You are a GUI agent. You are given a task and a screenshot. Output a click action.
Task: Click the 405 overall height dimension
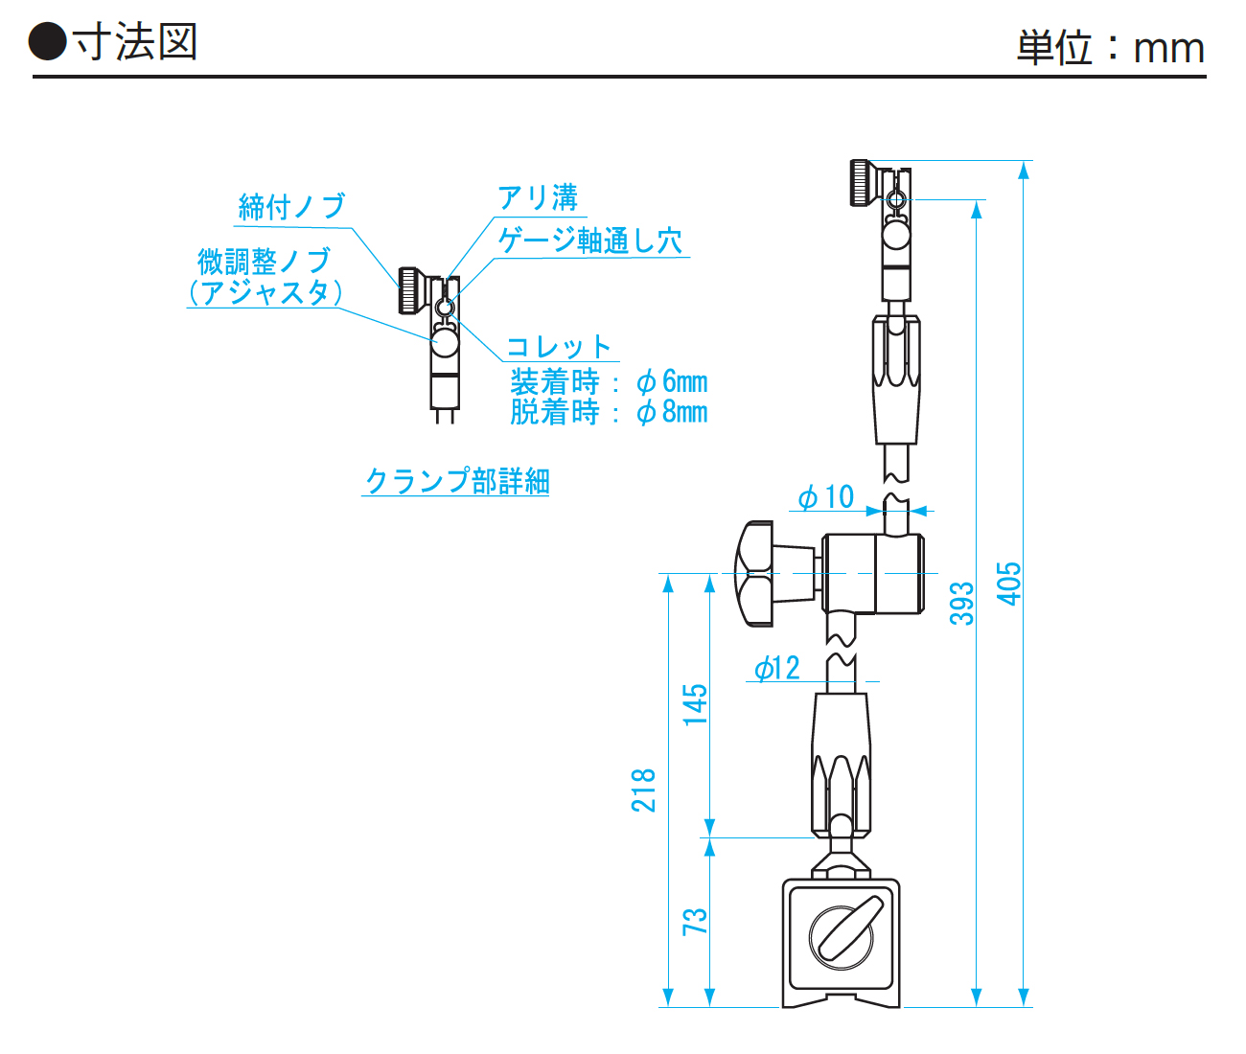[1009, 583]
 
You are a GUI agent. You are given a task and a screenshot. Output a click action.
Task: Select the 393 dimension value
[961, 603]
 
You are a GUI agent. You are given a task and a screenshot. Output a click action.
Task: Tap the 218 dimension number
[643, 790]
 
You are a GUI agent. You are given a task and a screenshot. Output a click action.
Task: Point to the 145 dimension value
[695, 704]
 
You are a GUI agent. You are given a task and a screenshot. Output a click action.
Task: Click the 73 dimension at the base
[695, 921]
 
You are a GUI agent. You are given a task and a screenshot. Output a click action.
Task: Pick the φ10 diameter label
[825, 496]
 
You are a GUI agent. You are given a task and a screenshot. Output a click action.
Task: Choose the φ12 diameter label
[776, 668]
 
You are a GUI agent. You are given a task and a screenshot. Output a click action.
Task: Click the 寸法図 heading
[134, 43]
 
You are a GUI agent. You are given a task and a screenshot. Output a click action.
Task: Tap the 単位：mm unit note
[1110, 48]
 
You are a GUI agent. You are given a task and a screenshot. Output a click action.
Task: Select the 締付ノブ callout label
[291, 206]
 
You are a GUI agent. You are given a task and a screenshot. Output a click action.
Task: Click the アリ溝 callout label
[538, 198]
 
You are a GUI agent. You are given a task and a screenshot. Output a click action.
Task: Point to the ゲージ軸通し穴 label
[590, 241]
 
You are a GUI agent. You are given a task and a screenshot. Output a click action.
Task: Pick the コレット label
[559, 347]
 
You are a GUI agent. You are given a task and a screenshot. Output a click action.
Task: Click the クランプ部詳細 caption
[457, 480]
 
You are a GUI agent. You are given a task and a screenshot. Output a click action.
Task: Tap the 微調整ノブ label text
[264, 261]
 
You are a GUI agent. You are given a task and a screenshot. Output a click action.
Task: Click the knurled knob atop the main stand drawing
[863, 182]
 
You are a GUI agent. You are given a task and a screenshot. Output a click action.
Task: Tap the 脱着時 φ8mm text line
[609, 412]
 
